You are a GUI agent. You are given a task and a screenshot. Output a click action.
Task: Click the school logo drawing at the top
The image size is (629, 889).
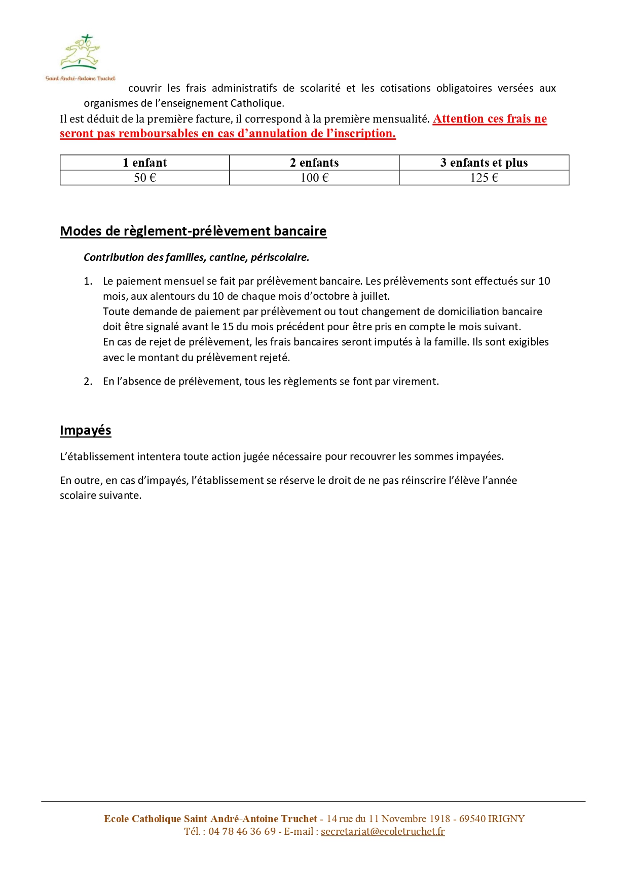pyautogui.click(x=80, y=53)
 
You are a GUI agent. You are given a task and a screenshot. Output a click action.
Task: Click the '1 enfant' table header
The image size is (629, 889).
pyautogui.click(x=144, y=163)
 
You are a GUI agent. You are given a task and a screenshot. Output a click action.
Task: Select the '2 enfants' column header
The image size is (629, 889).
pyautogui.click(x=314, y=163)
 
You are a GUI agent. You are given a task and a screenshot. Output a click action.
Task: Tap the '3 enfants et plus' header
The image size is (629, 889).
pyautogui.click(x=484, y=163)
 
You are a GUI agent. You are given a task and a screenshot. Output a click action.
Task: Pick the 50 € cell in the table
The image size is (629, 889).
pyautogui.click(x=144, y=178)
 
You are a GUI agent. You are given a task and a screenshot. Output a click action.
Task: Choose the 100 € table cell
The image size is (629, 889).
pyautogui.click(x=314, y=178)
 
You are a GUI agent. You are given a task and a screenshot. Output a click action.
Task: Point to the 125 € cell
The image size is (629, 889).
pyautogui.click(x=484, y=178)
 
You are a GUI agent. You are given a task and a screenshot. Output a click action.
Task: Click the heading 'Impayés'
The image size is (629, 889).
pyautogui.click(x=85, y=430)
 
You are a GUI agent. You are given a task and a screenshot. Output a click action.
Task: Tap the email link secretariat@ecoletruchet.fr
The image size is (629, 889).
pyautogui.click(x=383, y=831)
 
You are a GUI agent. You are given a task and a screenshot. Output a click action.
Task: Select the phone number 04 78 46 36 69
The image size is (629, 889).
pyautogui.click(x=242, y=831)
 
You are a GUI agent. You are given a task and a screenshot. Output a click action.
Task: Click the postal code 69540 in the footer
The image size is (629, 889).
pyautogui.click(x=472, y=819)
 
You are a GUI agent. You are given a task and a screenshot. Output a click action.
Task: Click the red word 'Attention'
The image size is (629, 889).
pyautogui.click(x=458, y=119)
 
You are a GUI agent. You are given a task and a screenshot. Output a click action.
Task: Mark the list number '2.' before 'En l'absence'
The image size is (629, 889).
pyautogui.click(x=88, y=381)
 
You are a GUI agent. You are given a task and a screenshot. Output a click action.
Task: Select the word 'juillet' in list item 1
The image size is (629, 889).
pyautogui.click(x=374, y=296)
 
